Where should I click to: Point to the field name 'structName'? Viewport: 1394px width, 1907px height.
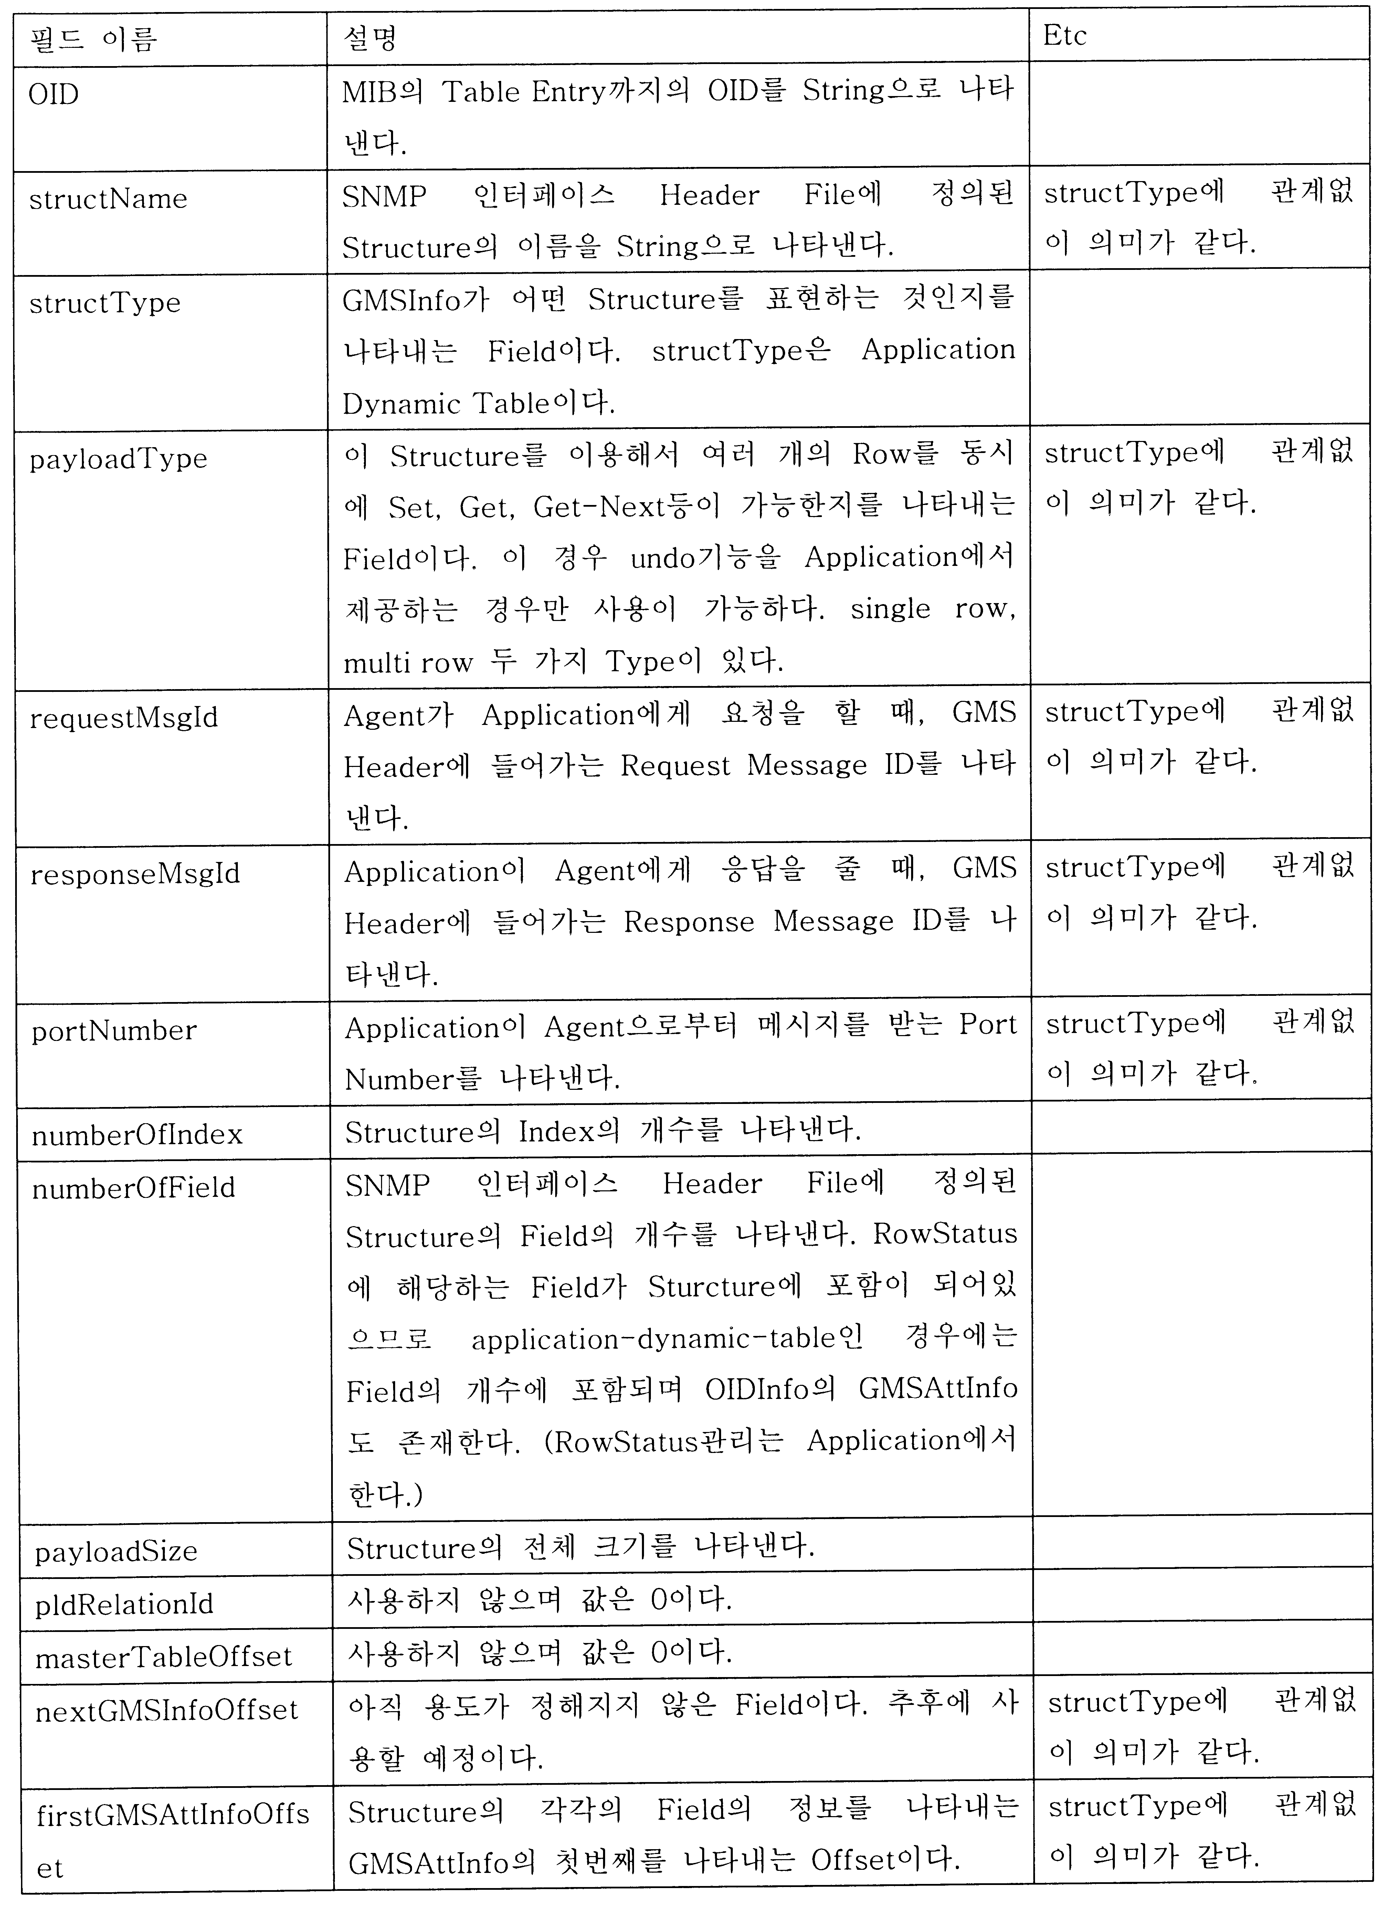(108, 199)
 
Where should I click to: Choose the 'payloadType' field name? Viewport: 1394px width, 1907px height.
(118, 459)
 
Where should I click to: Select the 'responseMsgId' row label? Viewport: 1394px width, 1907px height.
(135, 874)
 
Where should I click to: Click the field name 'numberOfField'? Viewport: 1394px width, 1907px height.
(133, 1188)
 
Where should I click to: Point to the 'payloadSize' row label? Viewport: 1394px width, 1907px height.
(116, 1551)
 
